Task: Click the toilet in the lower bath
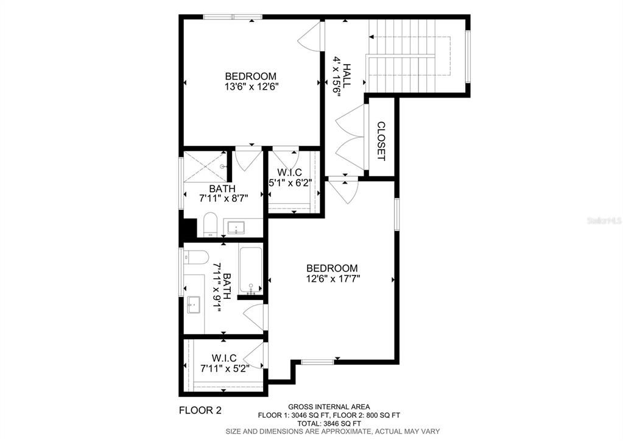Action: [196, 257]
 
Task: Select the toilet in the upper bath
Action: [210, 225]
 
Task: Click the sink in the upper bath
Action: [236, 228]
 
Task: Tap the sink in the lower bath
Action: [195, 304]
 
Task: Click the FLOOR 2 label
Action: [200, 410]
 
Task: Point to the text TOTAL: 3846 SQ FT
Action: [329, 423]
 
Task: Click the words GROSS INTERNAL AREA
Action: [329, 407]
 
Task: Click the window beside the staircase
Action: [468, 56]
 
